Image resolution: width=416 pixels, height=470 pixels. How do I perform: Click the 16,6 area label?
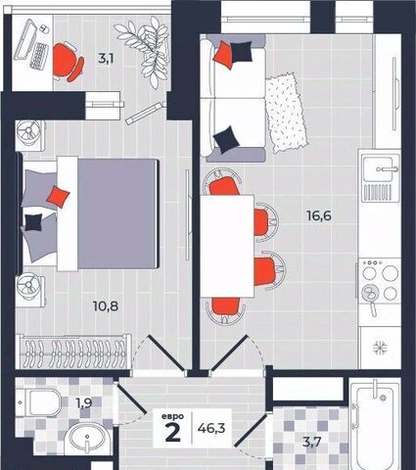[319, 215]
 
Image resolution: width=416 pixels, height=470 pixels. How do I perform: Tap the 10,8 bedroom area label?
[106, 306]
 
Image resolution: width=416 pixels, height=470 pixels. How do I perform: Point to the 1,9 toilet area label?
[84, 403]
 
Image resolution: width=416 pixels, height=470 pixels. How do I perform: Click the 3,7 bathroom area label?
[312, 443]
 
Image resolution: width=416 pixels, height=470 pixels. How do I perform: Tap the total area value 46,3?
[211, 428]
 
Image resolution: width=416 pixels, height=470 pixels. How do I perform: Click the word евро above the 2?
[172, 416]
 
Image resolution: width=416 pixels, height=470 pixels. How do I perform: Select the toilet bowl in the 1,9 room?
[39, 402]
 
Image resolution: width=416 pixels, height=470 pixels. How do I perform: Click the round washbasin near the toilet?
[87, 439]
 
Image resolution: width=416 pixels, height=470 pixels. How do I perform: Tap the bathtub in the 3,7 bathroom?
[375, 424]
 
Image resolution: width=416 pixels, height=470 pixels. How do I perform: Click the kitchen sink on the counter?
[379, 169]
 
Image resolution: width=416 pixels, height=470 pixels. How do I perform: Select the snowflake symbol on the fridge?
[380, 349]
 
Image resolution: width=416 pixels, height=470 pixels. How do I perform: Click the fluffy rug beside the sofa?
[286, 113]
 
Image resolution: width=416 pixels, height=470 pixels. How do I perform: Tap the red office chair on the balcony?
[68, 62]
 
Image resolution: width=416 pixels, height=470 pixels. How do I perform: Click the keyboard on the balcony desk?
[39, 56]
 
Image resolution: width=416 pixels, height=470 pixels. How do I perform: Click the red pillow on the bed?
[58, 197]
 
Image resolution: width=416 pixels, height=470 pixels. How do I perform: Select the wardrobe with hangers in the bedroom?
[74, 352]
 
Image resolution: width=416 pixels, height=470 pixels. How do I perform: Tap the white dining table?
[227, 246]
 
